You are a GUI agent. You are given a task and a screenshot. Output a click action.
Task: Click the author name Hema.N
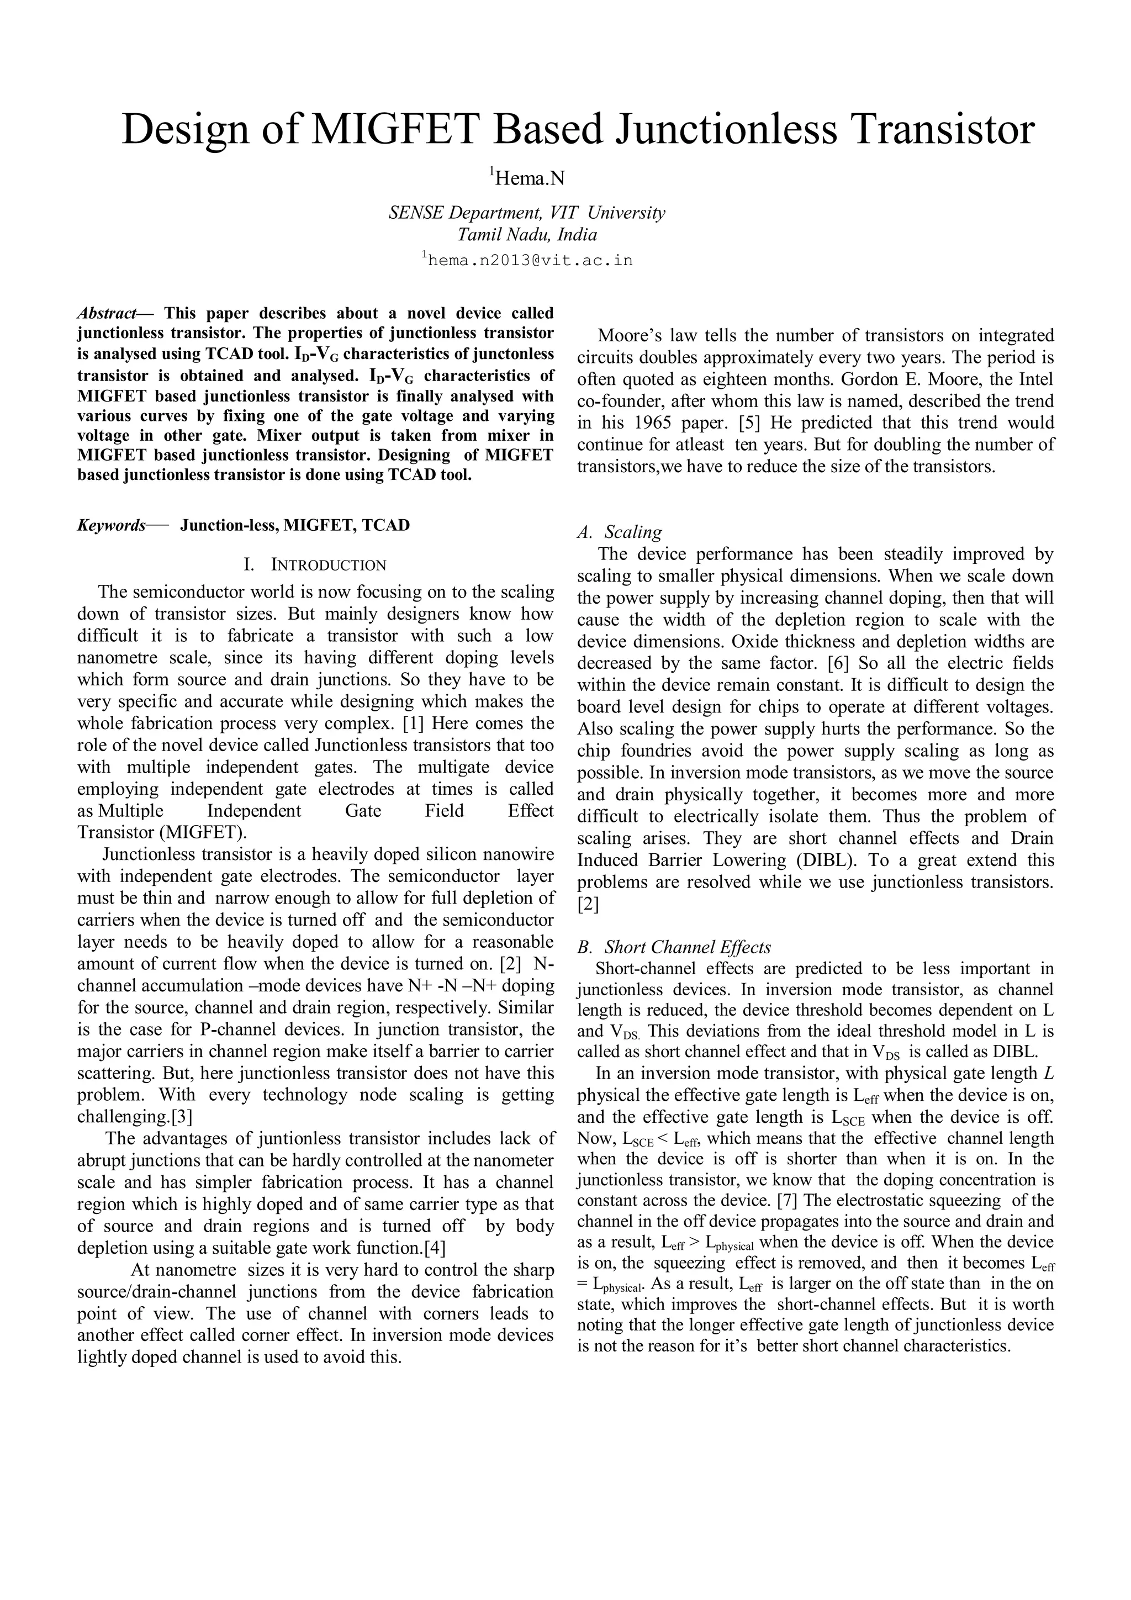coord(528,179)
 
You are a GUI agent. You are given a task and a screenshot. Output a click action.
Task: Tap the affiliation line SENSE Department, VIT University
coord(527,213)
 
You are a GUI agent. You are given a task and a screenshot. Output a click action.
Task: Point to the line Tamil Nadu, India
coord(527,234)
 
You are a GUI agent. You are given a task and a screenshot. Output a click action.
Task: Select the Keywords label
coord(112,525)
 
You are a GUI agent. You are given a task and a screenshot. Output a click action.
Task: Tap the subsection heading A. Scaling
coord(620,532)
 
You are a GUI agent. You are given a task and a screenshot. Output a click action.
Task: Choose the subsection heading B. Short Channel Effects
coord(674,947)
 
